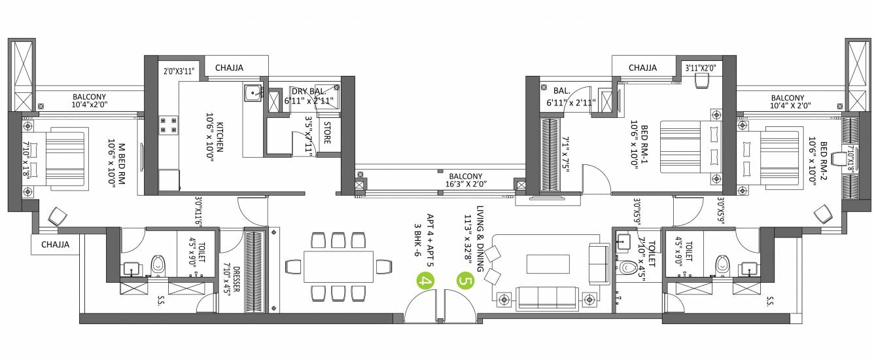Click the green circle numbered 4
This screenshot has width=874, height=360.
click(425, 281)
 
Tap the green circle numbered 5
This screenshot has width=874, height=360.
click(466, 281)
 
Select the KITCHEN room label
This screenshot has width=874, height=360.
click(220, 137)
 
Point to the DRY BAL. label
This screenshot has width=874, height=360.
click(307, 92)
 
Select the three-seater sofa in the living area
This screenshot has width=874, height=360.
click(547, 298)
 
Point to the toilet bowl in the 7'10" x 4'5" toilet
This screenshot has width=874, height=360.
click(629, 268)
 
